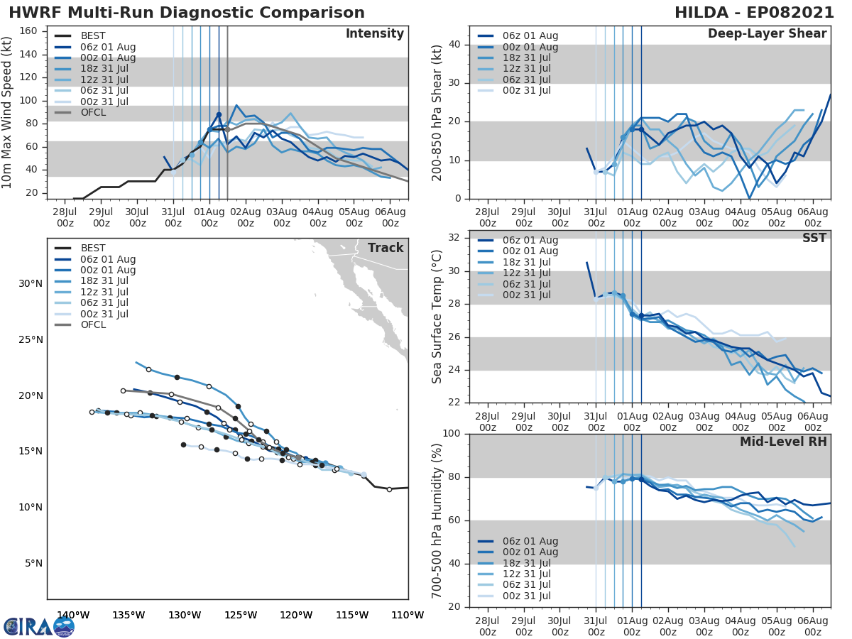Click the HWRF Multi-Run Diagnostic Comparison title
tap(187, 13)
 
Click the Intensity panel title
tap(374, 34)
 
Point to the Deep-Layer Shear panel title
tap(767, 34)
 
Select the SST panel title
tap(814, 238)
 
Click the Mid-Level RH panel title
tap(783, 442)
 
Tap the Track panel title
tap(386, 248)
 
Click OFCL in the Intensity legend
tap(94, 112)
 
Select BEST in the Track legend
tap(94, 248)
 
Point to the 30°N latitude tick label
tap(31, 284)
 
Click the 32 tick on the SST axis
tap(456, 238)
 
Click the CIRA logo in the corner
tap(38, 626)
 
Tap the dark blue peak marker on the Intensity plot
tap(219, 114)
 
